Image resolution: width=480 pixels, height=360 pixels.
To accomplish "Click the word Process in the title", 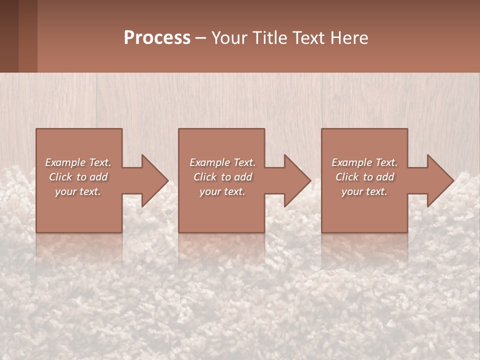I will (157, 38).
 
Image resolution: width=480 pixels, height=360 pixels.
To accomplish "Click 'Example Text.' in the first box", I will (78, 162).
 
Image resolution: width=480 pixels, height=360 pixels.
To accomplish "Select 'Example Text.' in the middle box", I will (222, 162).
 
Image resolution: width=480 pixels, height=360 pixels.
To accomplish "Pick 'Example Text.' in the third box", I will (364, 162).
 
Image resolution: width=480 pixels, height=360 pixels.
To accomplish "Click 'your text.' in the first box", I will (78, 191).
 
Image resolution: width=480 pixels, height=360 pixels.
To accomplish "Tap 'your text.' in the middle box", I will (222, 191).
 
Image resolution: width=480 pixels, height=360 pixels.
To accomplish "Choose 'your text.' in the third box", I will (364, 191).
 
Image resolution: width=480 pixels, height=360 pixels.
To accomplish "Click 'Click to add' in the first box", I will (78, 177).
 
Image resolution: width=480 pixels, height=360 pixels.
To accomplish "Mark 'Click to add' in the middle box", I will (222, 177).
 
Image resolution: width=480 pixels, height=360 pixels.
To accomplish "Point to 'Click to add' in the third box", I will (364, 177).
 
